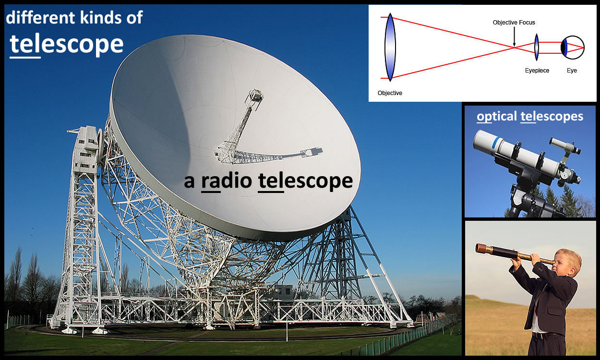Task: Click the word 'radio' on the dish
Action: pyautogui.click(x=227, y=181)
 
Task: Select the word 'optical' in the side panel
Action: pyautogui.click(x=497, y=117)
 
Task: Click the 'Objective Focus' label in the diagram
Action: pyautogui.click(x=514, y=23)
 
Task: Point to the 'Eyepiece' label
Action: pyautogui.click(x=537, y=71)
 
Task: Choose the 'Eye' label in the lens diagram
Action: pyautogui.click(x=572, y=71)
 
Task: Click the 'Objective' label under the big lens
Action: pyautogui.click(x=390, y=93)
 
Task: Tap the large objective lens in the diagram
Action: pyautogui.click(x=390, y=47)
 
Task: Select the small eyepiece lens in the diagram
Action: pyautogui.click(x=537, y=47)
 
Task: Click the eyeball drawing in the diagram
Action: pyautogui.click(x=573, y=48)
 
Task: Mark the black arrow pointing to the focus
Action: pyautogui.click(x=514, y=36)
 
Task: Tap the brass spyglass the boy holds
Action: pyautogui.click(x=514, y=253)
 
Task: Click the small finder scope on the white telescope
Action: pyautogui.click(x=564, y=146)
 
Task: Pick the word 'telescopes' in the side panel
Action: pyautogui.click(x=552, y=117)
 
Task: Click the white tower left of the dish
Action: pyautogui.click(x=80, y=228)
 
